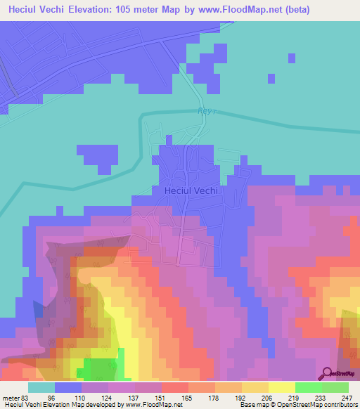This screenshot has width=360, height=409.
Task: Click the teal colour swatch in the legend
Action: click(41, 387)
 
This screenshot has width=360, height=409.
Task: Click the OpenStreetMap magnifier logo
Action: click(327, 372)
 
